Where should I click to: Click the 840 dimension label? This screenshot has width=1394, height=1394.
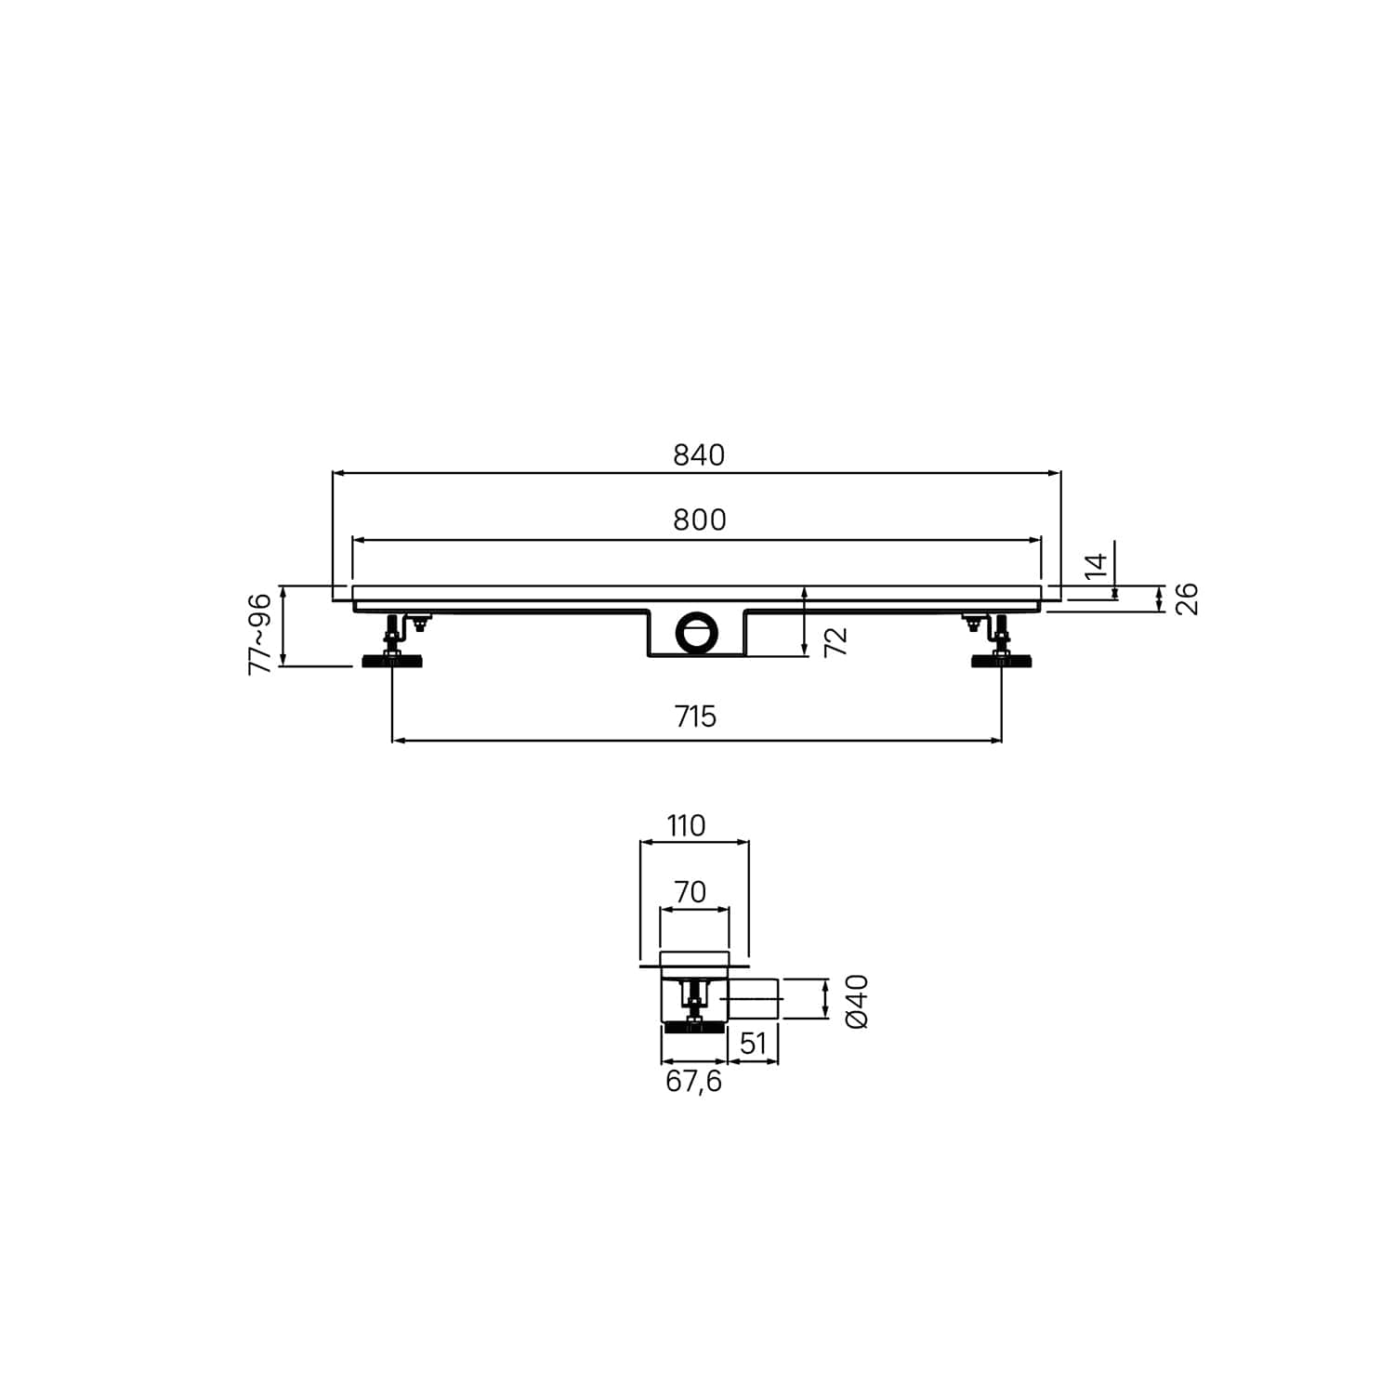coord(699,455)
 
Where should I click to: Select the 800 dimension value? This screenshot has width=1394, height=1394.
coord(700,520)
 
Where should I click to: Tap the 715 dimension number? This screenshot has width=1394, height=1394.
coord(696,717)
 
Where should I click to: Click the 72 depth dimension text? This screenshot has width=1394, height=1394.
coord(836,641)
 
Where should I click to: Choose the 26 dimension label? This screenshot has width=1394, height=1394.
coord(1187,598)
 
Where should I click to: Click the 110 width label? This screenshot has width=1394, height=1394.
coord(686,825)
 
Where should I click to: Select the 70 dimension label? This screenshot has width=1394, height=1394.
coord(690,892)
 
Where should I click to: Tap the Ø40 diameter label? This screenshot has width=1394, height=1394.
coord(857,1001)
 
